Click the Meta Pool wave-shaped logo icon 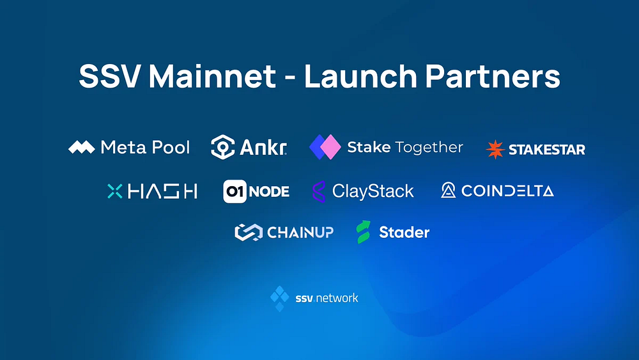coord(82,148)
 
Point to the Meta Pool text coord(146,148)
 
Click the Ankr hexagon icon coord(222,147)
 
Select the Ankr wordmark coord(263,148)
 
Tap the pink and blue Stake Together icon coord(325,147)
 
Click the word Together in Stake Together coord(429,148)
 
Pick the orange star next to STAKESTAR coord(495,150)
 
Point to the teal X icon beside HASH coord(114,191)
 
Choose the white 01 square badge coord(235,191)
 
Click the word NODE coord(269,191)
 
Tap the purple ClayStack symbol coord(318,191)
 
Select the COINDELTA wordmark coord(507,191)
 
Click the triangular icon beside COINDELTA coord(449,191)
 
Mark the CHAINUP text coord(300,232)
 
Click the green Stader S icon coord(364,232)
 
